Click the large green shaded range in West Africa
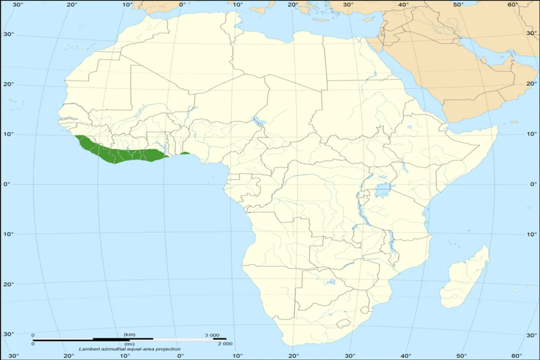click(x=120, y=152)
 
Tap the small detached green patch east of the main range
click(x=185, y=153)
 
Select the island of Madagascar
click(x=465, y=277)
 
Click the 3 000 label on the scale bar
click(x=211, y=334)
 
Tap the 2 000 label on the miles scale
click(x=224, y=343)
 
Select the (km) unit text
click(x=129, y=334)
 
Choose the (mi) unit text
click(x=129, y=343)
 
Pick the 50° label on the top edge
click(x=458, y=5)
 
